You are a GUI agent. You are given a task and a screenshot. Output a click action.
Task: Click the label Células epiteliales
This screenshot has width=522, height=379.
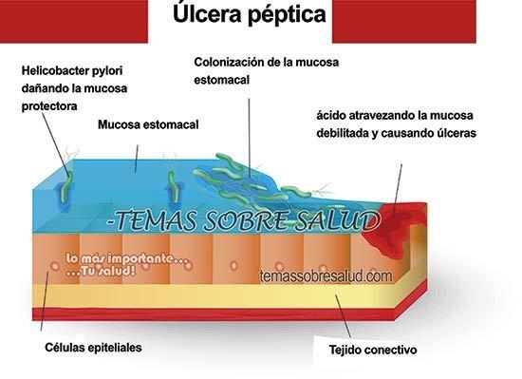93,348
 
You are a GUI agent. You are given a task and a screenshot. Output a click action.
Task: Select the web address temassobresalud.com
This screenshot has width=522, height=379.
325,276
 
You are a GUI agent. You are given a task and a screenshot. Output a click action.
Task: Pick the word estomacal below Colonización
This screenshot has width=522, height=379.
221,81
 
